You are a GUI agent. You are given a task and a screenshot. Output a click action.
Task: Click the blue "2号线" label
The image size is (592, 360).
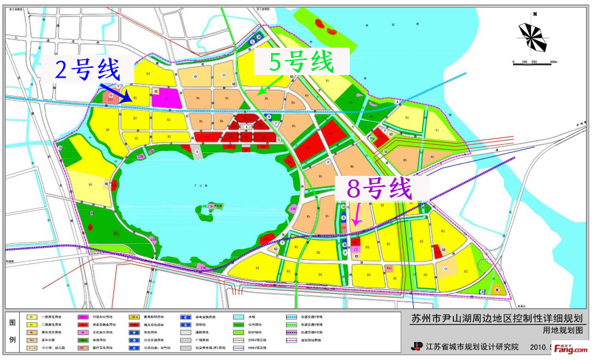click(88, 70)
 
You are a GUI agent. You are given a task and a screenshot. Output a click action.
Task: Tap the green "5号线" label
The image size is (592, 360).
click(301, 61)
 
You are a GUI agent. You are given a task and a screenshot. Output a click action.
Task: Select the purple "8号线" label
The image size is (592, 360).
click(379, 190)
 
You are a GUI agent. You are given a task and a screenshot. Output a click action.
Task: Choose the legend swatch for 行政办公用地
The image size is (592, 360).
click(83, 317)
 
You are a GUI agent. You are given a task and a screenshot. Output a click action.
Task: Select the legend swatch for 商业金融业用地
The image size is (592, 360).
click(83, 324)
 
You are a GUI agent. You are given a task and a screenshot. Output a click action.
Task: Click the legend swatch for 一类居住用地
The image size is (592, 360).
click(32, 317)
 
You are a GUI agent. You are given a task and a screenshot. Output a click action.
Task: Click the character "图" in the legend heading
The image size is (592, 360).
click(13, 322)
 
